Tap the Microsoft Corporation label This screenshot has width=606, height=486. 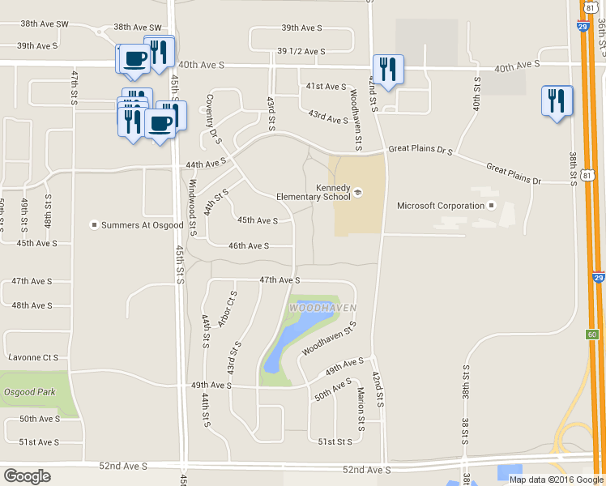click(440, 206)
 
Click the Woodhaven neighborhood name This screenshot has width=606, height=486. click(311, 308)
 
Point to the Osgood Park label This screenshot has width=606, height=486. click(28, 392)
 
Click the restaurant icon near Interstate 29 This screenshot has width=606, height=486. click(557, 101)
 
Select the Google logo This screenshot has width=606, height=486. click(27, 476)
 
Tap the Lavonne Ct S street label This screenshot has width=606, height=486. click(32, 357)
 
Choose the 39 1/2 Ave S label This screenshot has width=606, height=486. click(301, 51)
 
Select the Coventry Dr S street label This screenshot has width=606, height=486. click(214, 120)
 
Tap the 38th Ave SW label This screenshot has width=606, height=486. click(138, 27)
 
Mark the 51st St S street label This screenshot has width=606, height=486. click(335, 441)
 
